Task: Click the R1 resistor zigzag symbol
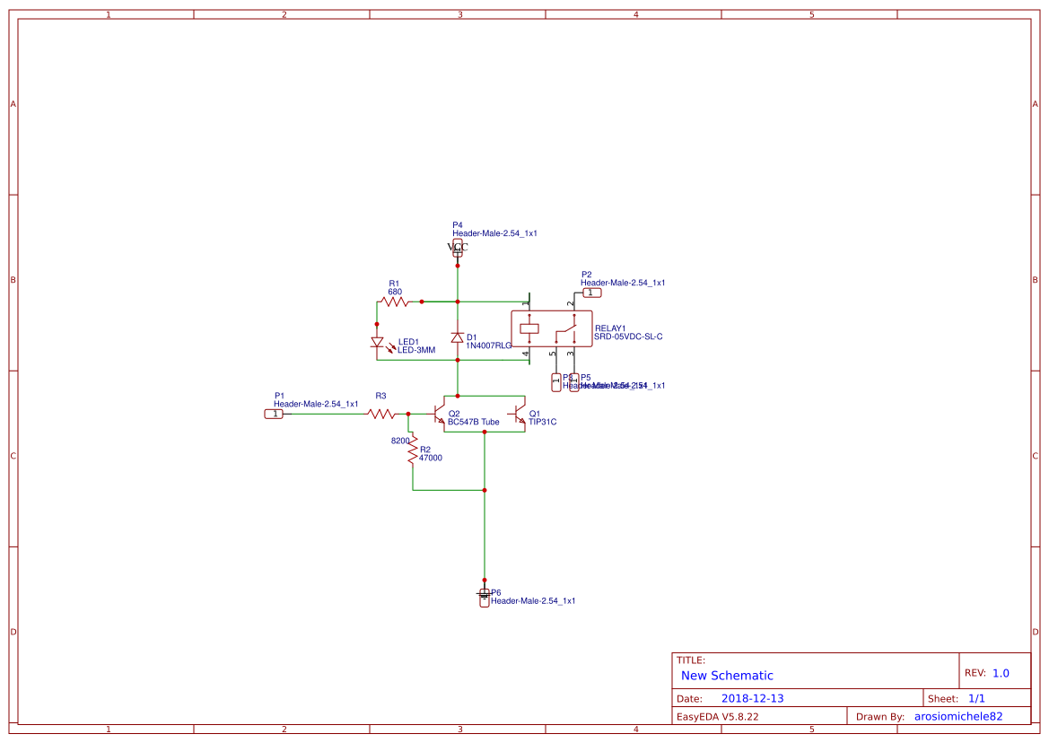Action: (394, 302)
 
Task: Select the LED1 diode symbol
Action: (377, 342)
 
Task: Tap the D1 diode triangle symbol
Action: (458, 338)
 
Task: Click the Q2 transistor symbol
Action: (440, 415)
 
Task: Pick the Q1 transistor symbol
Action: (518, 415)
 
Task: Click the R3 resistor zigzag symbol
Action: (381, 414)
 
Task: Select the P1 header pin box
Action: (273, 414)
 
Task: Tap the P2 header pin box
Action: (592, 293)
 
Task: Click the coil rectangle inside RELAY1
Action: (529, 328)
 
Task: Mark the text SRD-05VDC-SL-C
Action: (628, 337)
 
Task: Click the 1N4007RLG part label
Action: (488, 345)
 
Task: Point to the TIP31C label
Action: (542, 422)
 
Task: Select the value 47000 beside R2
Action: (431, 458)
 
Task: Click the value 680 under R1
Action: (395, 292)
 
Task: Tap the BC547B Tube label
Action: (473, 422)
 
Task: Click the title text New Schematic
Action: (727, 676)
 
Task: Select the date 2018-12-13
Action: (752, 698)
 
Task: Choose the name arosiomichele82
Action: (957, 716)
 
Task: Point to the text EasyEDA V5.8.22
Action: (717, 716)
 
